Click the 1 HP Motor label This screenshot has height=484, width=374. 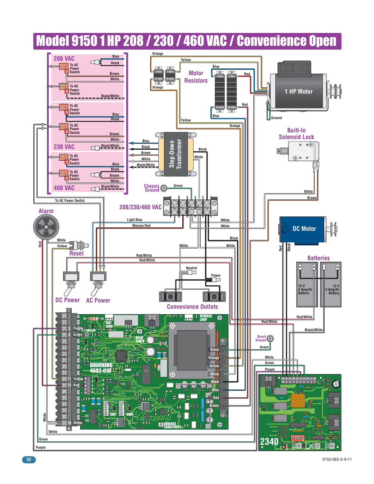tap(298, 92)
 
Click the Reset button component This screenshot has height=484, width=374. tap(78, 246)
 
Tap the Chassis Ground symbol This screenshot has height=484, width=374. tap(164, 188)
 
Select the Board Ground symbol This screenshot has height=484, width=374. tap(270, 339)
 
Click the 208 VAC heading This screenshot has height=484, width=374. tap(64, 59)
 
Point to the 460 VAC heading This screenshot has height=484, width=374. tap(64, 188)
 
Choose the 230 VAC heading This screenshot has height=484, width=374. tap(64, 147)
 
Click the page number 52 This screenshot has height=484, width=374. tap(29, 459)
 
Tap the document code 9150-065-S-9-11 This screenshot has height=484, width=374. tap(337, 459)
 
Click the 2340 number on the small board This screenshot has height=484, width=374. tap(269, 442)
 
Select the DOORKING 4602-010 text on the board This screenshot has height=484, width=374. tap(101, 368)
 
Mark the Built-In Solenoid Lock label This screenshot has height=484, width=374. tap(296, 134)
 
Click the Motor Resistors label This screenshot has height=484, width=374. tap(196, 77)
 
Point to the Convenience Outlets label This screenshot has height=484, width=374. tap(192, 307)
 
